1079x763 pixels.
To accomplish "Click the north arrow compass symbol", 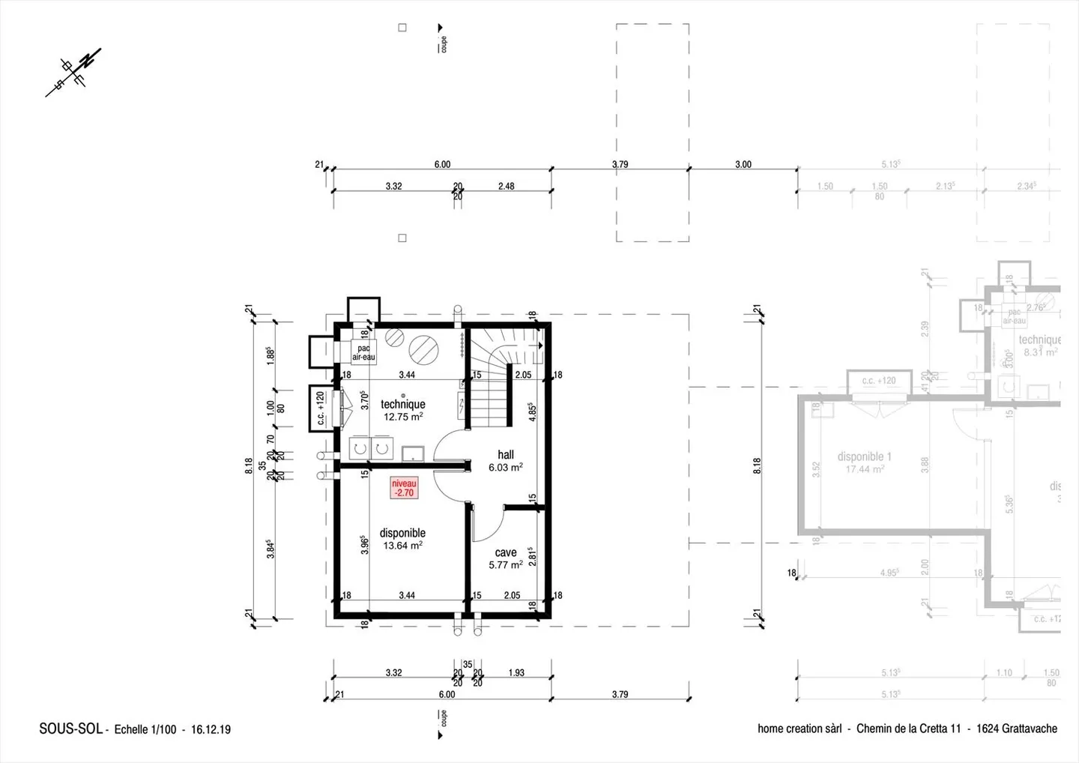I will [x=73, y=72].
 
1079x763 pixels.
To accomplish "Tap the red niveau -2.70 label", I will [x=404, y=488].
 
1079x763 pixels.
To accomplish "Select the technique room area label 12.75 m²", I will [x=403, y=417].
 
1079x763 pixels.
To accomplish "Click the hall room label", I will [x=506, y=454].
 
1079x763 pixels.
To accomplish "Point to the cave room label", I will [x=506, y=552].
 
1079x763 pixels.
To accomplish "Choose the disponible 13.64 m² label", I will [x=402, y=539].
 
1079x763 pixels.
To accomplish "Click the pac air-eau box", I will [x=363, y=352].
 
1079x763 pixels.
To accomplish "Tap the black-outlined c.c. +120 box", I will [x=321, y=408].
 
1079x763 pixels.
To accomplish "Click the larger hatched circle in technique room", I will [x=422, y=348].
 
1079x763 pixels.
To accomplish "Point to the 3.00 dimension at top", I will [x=743, y=164].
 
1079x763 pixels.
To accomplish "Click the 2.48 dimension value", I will [x=507, y=186].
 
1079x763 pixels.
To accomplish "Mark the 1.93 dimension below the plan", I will [x=516, y=672].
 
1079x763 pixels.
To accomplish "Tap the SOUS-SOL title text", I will [x=70, y=729].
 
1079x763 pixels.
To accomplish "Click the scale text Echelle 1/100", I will [x=145, y=729].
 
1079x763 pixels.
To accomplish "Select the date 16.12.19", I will [x=211, y=729].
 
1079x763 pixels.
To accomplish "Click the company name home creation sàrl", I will [x=800, y=729].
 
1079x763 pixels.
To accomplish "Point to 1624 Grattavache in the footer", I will [x=1016, y=729].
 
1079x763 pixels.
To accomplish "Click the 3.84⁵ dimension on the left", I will [x=270, y=549].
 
